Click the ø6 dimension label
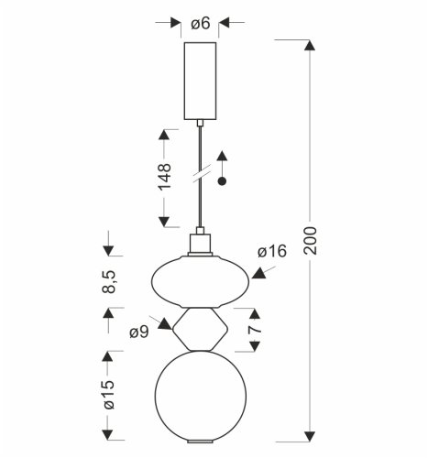pyautogui.click(x=200, y=23)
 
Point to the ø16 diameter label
pyautogui.click(x=273, y=252)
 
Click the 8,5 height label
pyautogui.click(x=109, y=281)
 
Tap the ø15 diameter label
pyautogui.click(x=109, y=395)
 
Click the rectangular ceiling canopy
pyautogui.click(x=199, y=81)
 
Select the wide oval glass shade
pyautogui.click(x=200, y=282)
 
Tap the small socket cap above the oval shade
pyautogui.click(x=199, y=245)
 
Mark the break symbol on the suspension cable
pyautogui.click(x=200, y=170)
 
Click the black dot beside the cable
pyautogui.click(x=221, y=183)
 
